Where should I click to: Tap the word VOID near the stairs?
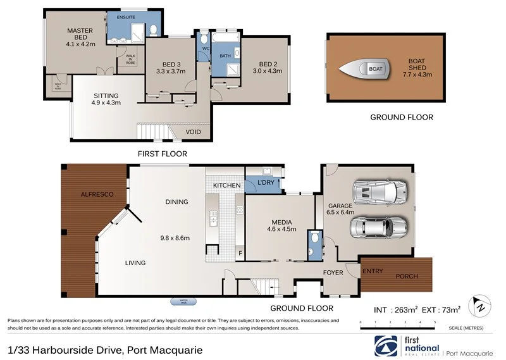point(194,132)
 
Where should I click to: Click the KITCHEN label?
point(226,185)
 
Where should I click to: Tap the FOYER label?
point(333,273)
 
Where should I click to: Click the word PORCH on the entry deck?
point(407,276)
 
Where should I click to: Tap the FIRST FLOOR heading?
point(163,153)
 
